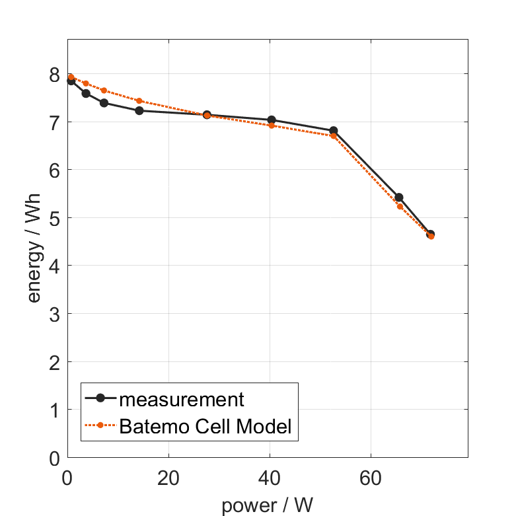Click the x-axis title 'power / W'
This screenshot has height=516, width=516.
click(x=267, y=505)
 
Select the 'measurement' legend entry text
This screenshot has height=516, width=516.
click(x=182, y=399)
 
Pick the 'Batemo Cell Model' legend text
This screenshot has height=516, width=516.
click(x=205, y=427)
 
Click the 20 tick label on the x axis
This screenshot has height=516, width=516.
click(x=168, y=477)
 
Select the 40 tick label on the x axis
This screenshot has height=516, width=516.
click(x=270, y=477)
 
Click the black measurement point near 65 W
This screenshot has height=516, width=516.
click(x=399, y=198)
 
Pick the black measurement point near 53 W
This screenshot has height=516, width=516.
click(x=334, y=131)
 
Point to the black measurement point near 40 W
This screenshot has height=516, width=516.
click(x=272, y=120)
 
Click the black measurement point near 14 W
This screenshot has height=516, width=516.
click(x=139, y=110)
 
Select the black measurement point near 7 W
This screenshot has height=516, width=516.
click(x=104, y=103)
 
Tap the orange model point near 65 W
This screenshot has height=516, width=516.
click(x=400, y=206)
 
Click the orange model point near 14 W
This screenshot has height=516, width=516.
click(x=139, y=101)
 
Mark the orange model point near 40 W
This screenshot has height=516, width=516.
click(x=272, y=125)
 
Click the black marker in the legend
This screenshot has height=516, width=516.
click(x=100, y=398)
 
